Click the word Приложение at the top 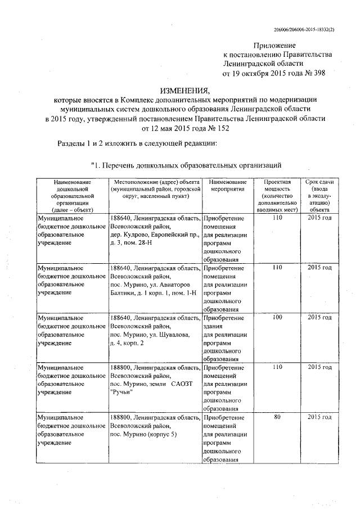[273, 44]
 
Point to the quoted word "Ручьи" [121, 393]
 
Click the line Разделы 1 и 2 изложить [137, 143]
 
